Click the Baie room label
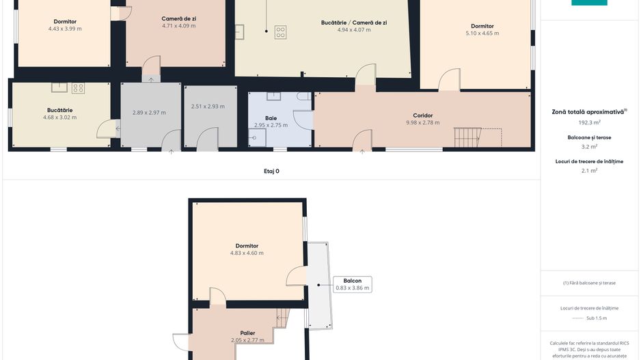click(x=271, y=118)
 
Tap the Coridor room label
click(x=423, y=115)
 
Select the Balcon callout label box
click(x=353, y=284)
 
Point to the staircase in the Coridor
click(x=467, y=137)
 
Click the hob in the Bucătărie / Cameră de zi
click(x=280, y=32)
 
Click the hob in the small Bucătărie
click(x=78, y=88)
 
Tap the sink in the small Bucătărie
click(x=59, y=87)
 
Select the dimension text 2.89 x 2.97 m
click(x=149, y=113)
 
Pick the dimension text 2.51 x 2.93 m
click(x=208, y=107)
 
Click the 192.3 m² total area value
click(x=589, y=122)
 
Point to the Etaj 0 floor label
click(x=271, y=171)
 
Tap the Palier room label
click(x=248, y=333)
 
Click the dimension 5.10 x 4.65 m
click(x=482, y=33)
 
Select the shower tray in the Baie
click(x=257, y=138)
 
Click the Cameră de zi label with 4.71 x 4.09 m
click(x=178, y=19)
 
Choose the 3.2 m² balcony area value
click(x=589, y=147)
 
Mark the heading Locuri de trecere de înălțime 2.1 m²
click(x=589, y=161)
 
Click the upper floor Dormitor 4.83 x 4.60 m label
click(x=247, y=246)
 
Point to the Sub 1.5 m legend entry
click(x=597, y=318)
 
